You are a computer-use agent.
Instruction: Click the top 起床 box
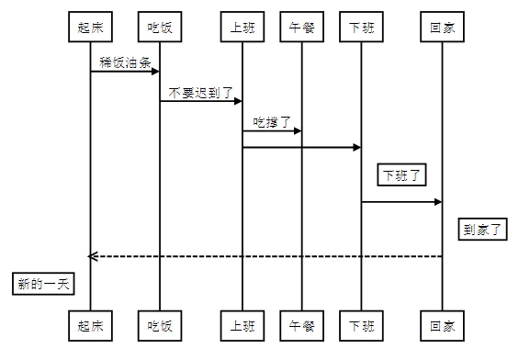coord(90,28)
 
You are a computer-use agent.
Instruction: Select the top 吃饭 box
coord(160,28)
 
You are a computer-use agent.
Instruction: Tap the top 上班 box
coord(242,28)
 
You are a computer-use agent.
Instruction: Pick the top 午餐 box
coord(302,28)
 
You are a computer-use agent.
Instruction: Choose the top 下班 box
coord(361,28)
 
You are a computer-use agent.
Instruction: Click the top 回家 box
coord(442,28)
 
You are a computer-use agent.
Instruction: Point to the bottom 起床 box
coord(90,325)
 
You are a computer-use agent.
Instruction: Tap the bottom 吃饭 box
coord(160,325)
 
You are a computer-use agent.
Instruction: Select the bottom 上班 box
coord(242,325)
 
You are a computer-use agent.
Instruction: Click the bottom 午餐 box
coord(302,325)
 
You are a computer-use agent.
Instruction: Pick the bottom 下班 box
coord(361,325)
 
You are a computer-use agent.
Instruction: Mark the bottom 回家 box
coord(442,325)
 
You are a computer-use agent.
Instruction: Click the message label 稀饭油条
coord(125,62)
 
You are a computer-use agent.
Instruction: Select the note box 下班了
coord(401,174)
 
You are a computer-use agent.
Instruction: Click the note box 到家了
coord(482,229)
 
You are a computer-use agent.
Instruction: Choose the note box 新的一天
coord(44,284)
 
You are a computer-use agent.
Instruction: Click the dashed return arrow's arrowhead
coord(93,256)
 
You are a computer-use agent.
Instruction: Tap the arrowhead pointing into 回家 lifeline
coord(436,202)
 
